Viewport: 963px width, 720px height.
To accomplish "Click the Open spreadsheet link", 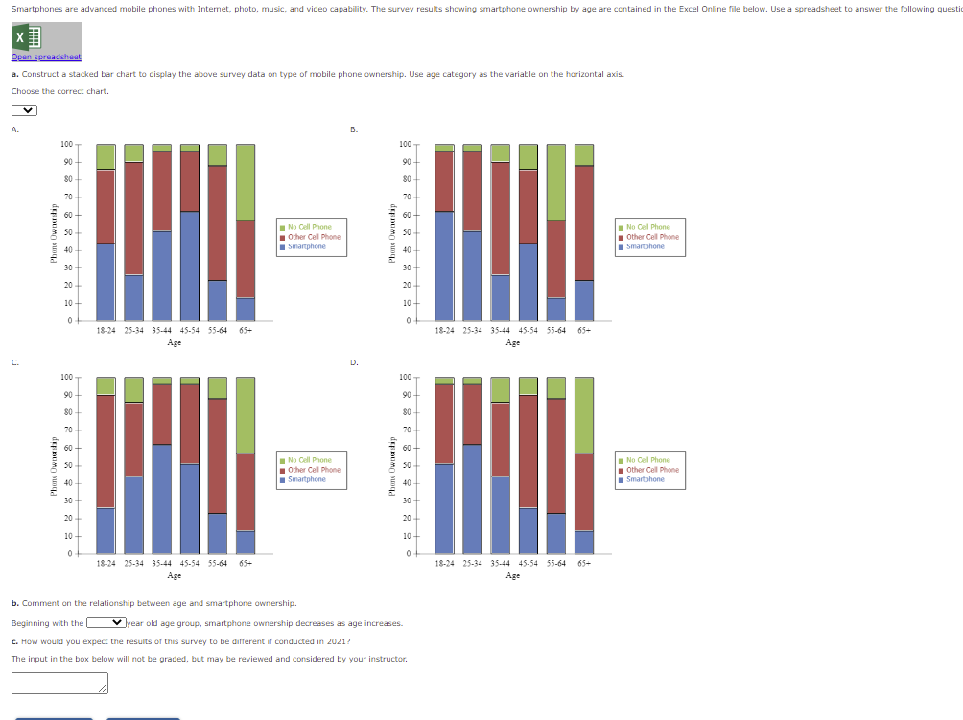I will coord(46,58).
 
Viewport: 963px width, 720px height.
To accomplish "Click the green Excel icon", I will coord(27,37).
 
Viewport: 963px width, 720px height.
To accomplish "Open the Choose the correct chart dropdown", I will coord(24,109).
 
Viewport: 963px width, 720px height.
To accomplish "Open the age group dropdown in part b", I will coord(106,623).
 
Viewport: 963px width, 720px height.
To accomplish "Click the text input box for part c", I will coord(59,682).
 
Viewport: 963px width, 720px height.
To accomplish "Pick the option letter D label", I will coord(354,361).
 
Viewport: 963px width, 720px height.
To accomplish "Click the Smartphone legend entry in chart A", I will coord(306,246).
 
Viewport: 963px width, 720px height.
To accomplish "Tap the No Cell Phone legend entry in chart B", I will coord(647,227).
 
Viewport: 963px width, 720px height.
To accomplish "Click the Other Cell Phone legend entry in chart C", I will coord(314,470).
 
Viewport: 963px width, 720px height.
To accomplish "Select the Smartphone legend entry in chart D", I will coord(645,479).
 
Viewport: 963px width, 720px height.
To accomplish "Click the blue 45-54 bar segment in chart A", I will coord(190,266).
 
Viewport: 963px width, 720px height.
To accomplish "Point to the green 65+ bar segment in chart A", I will coord(246,181).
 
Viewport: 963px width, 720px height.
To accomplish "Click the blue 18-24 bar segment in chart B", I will coord(444,266).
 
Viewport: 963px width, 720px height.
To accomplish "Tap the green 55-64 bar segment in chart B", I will coord(556,181).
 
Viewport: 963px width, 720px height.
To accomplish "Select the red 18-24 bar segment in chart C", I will coord(106,451).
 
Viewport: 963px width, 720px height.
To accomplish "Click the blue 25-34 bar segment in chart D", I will coord(472,499).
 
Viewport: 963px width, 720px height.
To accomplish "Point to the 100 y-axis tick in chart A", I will coord(66,145).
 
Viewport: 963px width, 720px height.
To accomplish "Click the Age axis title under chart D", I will coord(513,575).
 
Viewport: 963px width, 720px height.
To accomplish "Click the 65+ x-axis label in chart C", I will coord(246,564).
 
